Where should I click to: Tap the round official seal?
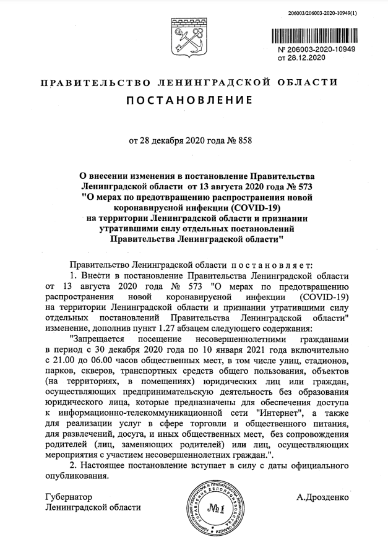[x=213, y=509]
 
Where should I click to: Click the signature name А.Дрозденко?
[x=322, y=497]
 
